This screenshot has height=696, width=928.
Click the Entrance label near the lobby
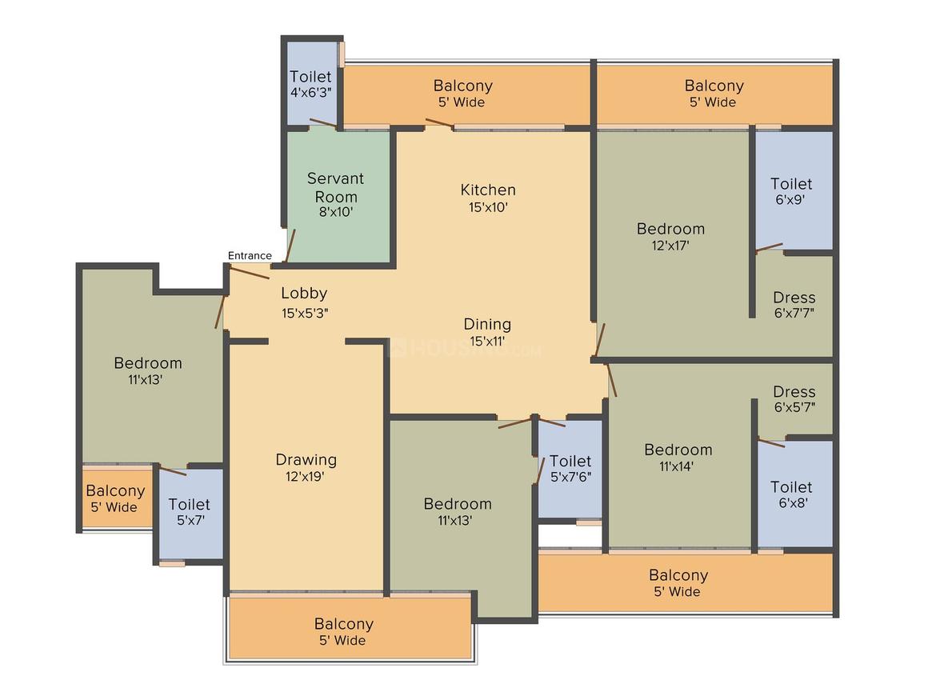pyautogui.click(x=250, y=256)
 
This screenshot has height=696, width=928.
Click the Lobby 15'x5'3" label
pyautogui.click(x=303, y=302)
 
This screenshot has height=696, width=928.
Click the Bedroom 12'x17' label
pyautogui.click(x=670, y=237)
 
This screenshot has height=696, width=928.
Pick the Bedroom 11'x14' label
pyautogui.click(x=678, y=458)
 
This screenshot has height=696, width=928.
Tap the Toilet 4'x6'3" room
pyautogui.click(x=310, y=83)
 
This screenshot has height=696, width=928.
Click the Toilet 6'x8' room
pyautogui.click(x=791, y=494)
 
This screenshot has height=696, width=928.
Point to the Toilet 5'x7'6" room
pyautogui.click(x=570, y=469)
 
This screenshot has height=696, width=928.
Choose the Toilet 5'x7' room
pyautogui.click(x=190, y=512)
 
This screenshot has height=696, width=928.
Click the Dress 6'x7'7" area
pyautogui.click(x=794, y=305)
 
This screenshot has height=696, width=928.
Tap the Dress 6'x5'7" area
pyautogui.click(x=794, y=399)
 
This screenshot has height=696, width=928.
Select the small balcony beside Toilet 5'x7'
pyautogui.click(x=116, y=498)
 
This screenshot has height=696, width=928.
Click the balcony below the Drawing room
pyautogui.click(x=344, y=631)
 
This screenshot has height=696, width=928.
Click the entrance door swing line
pyautogui.click(x=249, y=272)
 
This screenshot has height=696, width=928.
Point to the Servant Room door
pyautogui.click(x=291, y=246)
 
